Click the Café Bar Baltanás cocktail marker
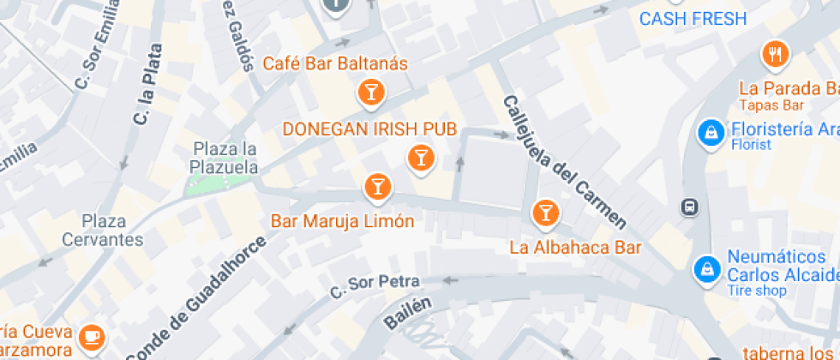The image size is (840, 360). click(371, 91)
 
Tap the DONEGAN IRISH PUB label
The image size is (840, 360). click(369, 129)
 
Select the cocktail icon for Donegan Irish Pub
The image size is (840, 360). click(420, 156)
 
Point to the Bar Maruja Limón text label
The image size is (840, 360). click(342, 221)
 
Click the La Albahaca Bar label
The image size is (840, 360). click(575, 249)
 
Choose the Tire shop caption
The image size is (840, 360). click(757, 291)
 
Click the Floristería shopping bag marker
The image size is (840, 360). click(711, 133)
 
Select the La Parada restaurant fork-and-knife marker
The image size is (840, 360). click(776, 55)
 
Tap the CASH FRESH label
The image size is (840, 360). click(693, 19)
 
